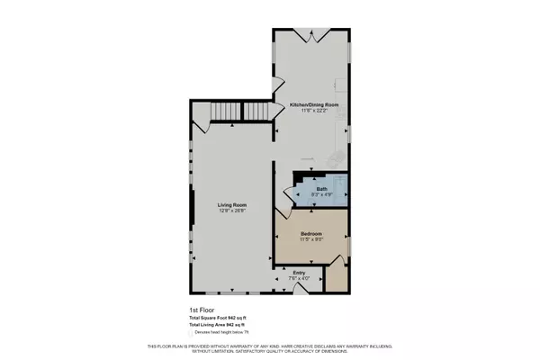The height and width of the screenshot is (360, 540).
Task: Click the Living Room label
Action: coord(232,205)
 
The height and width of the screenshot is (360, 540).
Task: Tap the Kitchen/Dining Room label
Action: coord(314,104)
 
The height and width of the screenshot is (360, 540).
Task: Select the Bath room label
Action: coord(321,188)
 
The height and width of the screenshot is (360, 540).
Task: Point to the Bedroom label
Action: coord(311,232)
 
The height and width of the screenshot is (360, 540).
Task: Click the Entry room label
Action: coord(300,272)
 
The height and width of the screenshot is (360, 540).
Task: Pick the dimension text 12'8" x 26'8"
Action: coord(232,211)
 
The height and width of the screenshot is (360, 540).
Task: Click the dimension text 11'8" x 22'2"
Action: coord(314,111)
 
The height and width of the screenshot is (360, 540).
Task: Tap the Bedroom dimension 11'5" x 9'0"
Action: coord(311,239)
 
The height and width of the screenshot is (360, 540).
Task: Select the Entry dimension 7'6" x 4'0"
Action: coord(300,278)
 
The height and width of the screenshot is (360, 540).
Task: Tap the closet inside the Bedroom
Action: coord(335,275)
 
